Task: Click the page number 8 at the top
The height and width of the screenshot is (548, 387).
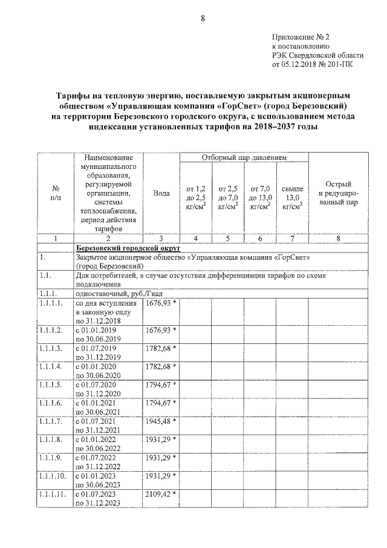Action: [203, 19]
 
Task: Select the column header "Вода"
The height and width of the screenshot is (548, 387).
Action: [161, 193]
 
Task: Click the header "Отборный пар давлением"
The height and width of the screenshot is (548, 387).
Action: [243, 157]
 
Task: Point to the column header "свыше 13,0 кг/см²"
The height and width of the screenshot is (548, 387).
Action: [293, 197]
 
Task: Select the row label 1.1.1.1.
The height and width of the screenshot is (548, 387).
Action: [51, 302]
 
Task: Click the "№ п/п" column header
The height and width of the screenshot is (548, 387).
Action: [55, 193]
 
